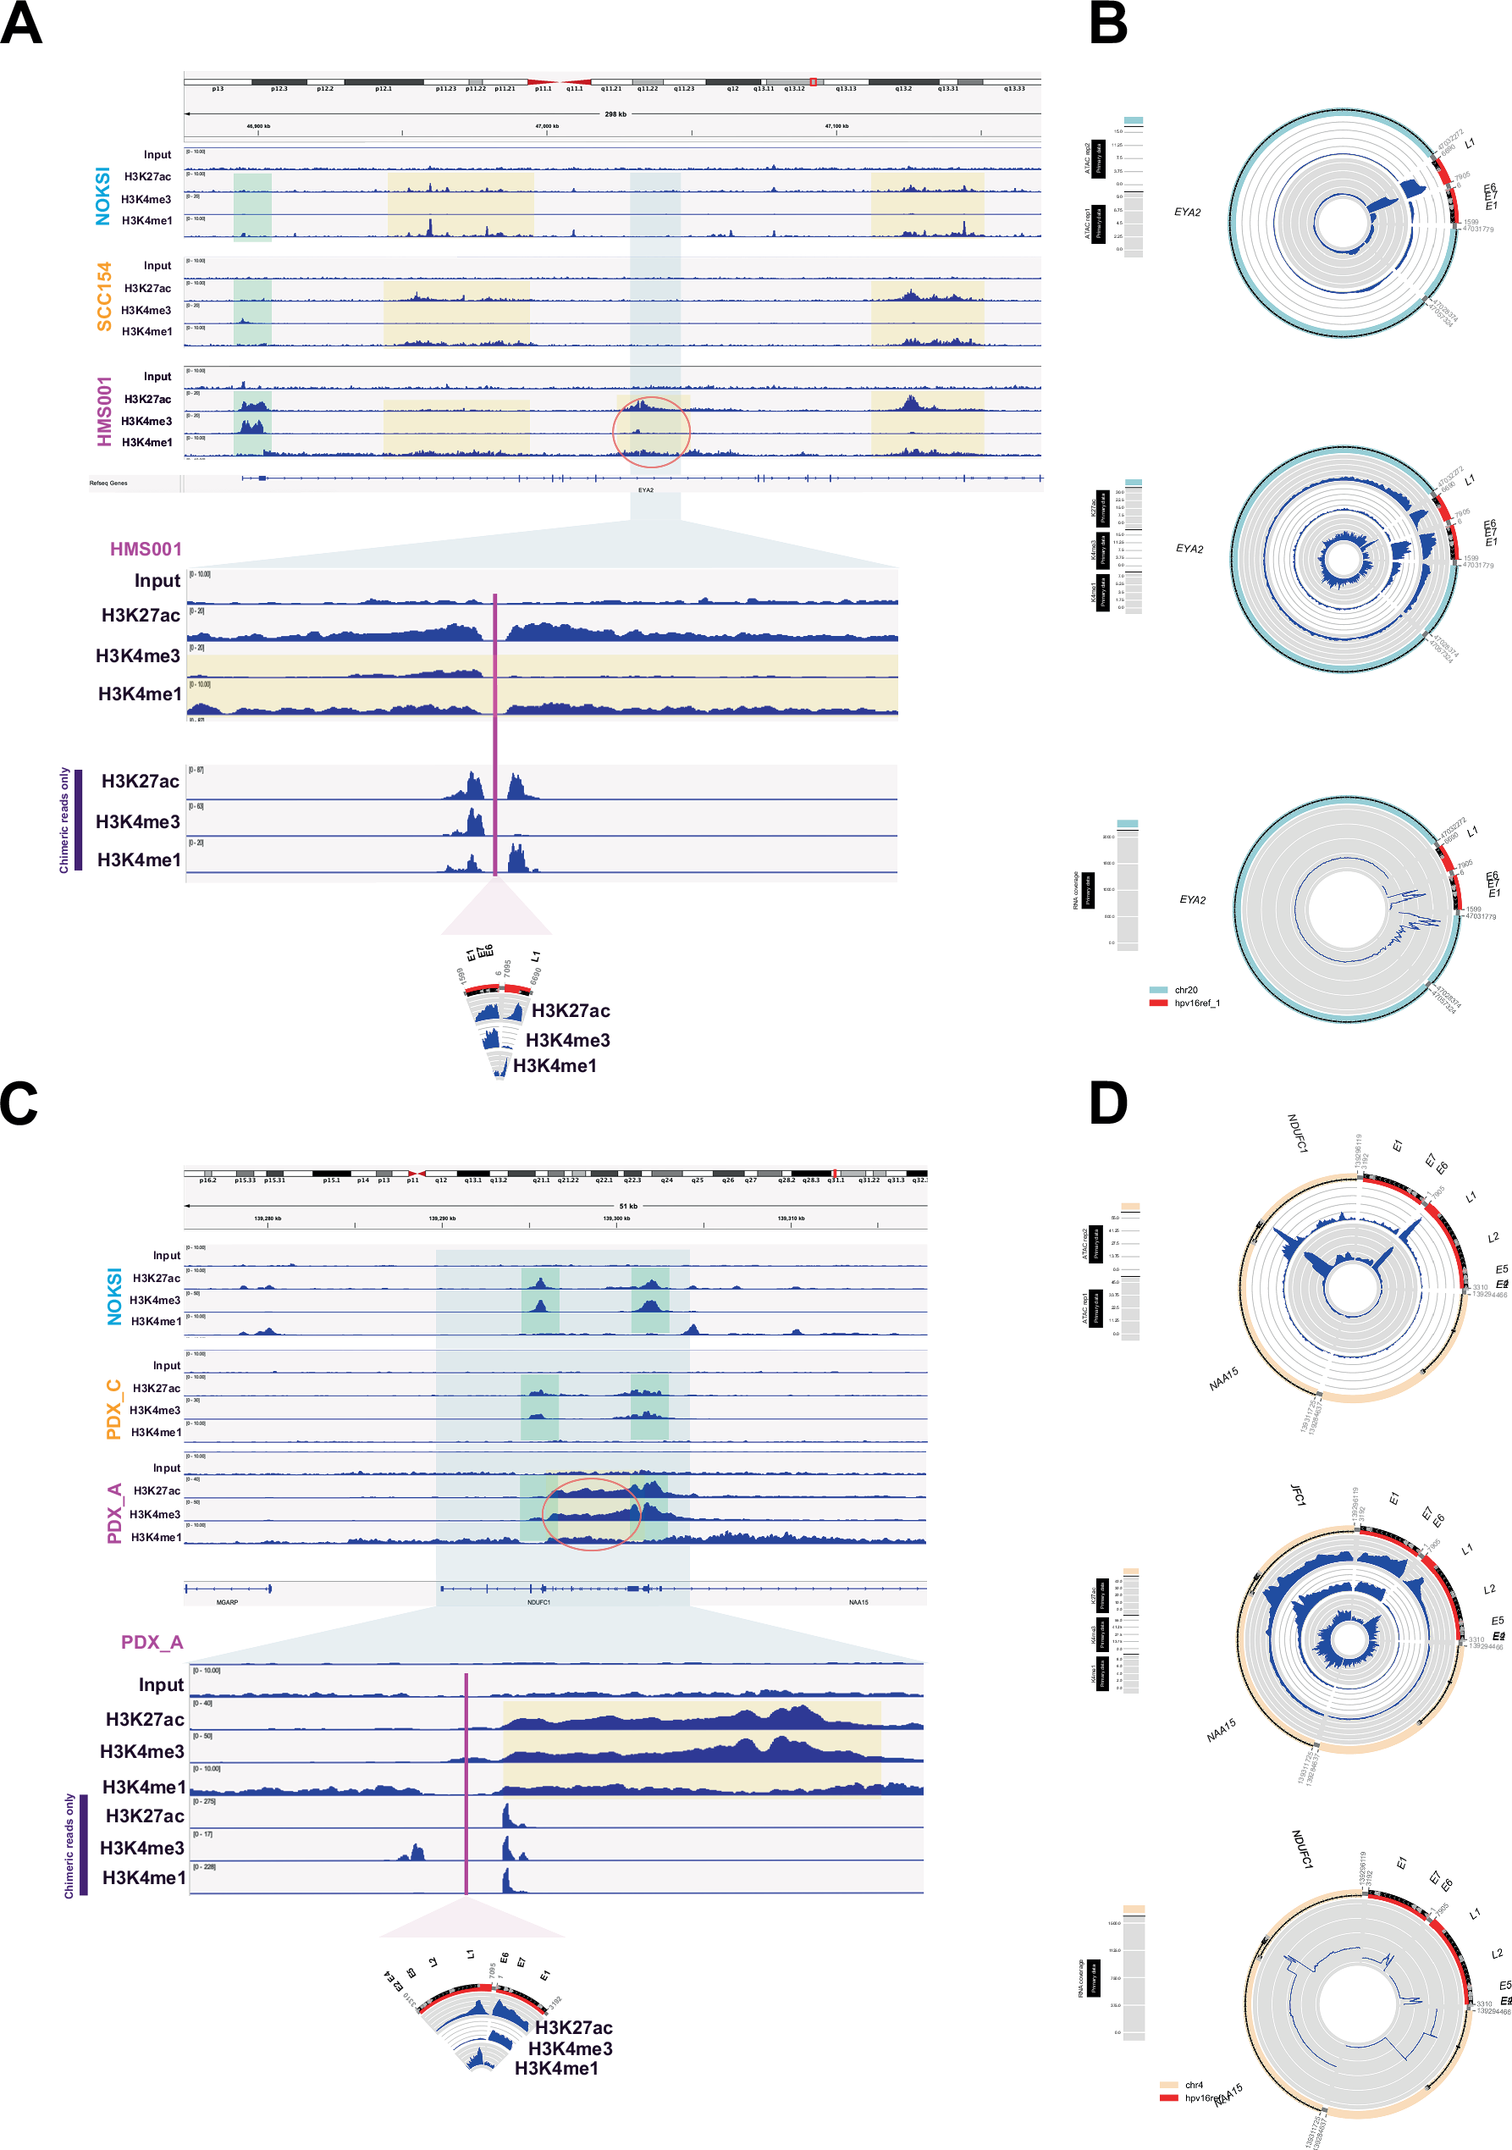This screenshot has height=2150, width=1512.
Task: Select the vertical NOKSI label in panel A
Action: [103, 196]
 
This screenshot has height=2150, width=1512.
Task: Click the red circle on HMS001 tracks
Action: [652, 432]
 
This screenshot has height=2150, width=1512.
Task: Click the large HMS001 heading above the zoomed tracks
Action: [146, 550]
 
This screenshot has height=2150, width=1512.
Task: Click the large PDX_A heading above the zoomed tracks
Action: [152, 1643]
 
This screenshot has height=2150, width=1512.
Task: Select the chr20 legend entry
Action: [1185, 990]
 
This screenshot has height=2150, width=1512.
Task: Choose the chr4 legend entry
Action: [1193, 2086]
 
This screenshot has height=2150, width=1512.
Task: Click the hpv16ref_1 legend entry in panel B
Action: [1196, 1003]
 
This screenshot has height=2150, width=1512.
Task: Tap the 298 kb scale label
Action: [615, 114]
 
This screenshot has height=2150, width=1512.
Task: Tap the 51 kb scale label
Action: [628, 1206]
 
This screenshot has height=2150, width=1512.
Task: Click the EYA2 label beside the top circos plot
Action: [1187, 213]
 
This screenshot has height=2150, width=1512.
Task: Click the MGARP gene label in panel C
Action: [227, 1602]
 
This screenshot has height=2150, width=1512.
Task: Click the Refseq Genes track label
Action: [108, 484]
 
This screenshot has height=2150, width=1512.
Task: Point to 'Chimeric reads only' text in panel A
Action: [64, 821]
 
